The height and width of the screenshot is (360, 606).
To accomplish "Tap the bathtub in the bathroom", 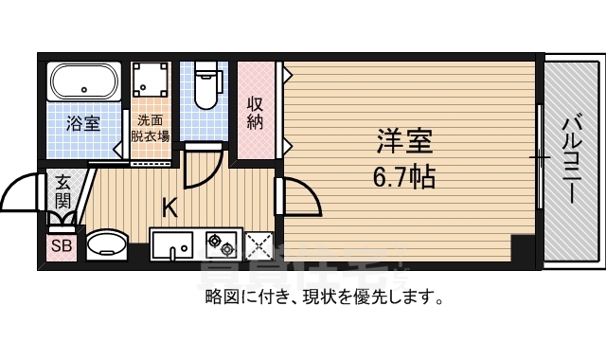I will (x=83, y=82).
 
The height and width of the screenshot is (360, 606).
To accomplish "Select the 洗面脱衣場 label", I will (x=150, y=128).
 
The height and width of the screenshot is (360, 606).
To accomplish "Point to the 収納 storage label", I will (x=256, y=113).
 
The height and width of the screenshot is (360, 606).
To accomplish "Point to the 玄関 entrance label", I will (x=62, y=191).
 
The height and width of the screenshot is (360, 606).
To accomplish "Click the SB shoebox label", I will (x=62, y=246).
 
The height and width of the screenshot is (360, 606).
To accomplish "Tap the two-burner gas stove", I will (x=221, y=244).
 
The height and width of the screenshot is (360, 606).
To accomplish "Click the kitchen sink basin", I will (x=172, y=246).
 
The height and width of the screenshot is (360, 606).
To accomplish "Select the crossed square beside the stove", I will (x=258, y=245).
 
